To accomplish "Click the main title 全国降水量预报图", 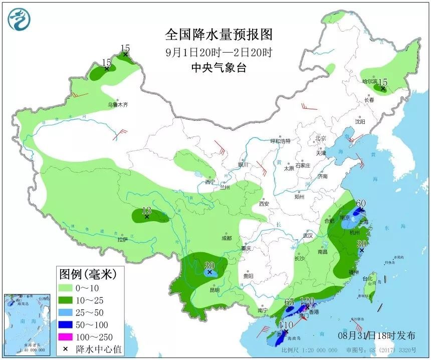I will pyautogui.click(x=219, y=35).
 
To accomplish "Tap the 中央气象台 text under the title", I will pyautogui.click(x=219, y=68).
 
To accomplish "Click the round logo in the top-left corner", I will pyautogui.click(x=19, y=19).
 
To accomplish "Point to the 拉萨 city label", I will pyautogui.click(x=123, y=240).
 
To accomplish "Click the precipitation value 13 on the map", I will pyautogui.click(x=146, y=210).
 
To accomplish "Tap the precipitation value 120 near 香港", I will pyautogui.click(x=307, y=301).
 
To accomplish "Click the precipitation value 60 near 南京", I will pyautogui.click(x=360, y=204).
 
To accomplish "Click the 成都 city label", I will pyautogui.click(x=227, y=238).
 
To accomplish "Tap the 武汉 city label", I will pyautogui.click(x=308, y=235).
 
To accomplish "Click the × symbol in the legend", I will pyautogui.click(x=66, y=349).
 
